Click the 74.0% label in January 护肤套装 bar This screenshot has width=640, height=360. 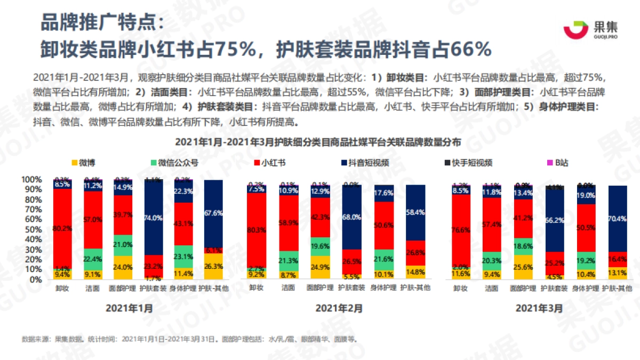154,218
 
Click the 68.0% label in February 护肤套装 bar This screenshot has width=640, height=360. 350,218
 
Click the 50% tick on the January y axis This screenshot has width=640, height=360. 33,229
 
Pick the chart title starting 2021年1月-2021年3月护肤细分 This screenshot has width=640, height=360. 319,141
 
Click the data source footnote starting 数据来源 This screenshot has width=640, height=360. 189,339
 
